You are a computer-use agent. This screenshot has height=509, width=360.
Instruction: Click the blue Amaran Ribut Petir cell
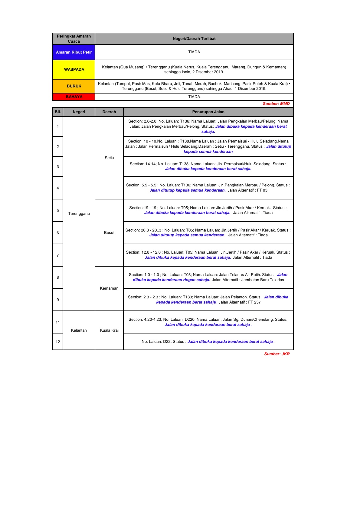click(x=74, y=52)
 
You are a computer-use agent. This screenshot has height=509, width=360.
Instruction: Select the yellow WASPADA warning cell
click(x=74, y=69)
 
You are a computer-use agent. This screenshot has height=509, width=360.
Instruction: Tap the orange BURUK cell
click(x=74, y=86)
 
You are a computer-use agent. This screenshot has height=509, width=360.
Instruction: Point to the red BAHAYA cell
click(x=74, y=97)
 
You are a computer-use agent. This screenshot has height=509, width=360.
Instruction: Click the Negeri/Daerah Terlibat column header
click(x=194, y=39)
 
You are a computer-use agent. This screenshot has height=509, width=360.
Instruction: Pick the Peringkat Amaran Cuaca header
click(x=74, y=39)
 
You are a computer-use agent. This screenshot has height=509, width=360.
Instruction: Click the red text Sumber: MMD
click(x=276, y=104)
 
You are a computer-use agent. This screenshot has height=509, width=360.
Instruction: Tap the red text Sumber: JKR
click(x=277, y=354)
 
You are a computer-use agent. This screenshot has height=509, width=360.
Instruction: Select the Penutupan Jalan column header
click(x=208, y=112)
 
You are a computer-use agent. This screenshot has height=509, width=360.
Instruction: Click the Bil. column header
click(x=58, y=112)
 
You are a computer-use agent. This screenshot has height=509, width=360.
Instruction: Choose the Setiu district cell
click(x=109, y=158)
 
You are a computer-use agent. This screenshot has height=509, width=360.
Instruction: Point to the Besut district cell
click(x=109, y=232)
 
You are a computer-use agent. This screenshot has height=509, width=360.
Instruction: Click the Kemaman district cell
click(x=109, y=288)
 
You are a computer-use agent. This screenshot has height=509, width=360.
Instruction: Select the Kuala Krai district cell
click(x=109, y=330)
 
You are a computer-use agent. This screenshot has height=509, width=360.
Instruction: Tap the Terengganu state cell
click(x=79, y=213)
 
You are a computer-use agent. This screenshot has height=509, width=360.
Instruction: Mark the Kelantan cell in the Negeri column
click(x=79, y=330)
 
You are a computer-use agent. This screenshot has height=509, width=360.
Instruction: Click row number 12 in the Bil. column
click(x=58, y=342)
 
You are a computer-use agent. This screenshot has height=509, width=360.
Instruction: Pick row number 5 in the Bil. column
click(x=58, y=210)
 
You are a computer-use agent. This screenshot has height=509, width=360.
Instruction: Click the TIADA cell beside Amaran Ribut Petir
click(x=194, y=52)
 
